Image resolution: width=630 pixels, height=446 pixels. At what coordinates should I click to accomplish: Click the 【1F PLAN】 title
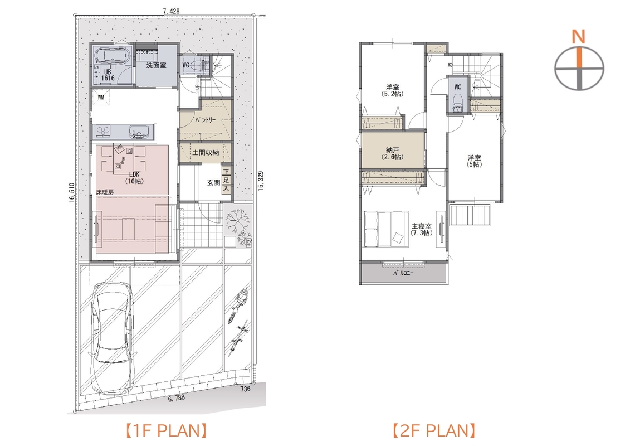pyautogui.click(x=166, y=431)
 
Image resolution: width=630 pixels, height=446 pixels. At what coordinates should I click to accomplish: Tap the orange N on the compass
pyautogui.click(x=579, y=37)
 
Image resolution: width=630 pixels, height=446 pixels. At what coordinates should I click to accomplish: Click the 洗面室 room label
pyautogui.click(x=156, y=65)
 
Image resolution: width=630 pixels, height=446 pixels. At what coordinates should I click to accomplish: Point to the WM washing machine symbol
pyautogui.click(x=101, y=97)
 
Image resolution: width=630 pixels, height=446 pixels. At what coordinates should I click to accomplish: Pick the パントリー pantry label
pyautogui.click(x=206, y=120)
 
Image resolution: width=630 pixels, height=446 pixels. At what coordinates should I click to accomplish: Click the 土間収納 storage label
pyautogui.click(x=206, y=152)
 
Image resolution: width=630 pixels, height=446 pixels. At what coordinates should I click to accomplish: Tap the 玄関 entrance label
pyautogui.click(x=213, y=183)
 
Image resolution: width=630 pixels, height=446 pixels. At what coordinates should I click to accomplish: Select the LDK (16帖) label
pyautogui.click(x=134, y=178)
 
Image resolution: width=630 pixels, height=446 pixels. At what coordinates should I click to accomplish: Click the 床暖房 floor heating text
pyautogui.click(x=105, y=192)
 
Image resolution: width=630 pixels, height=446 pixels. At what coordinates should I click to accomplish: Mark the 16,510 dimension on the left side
pyautogui.click(x=72, y=193)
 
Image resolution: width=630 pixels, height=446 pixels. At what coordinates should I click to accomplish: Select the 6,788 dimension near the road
pyautogui.click(x=176, y=397)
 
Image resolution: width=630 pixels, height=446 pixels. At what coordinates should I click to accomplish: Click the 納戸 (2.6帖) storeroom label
pyautogui.click(x=392, y=154)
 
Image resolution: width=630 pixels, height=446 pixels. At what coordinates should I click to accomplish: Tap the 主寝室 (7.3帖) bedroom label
pyautogui.click(x=422, y=229)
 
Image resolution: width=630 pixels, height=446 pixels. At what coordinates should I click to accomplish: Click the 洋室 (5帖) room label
pyautogui.click(x=475, y=161)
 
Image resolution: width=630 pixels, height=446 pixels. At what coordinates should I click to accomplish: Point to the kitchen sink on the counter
pyautogui.click(x=139, y=131)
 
